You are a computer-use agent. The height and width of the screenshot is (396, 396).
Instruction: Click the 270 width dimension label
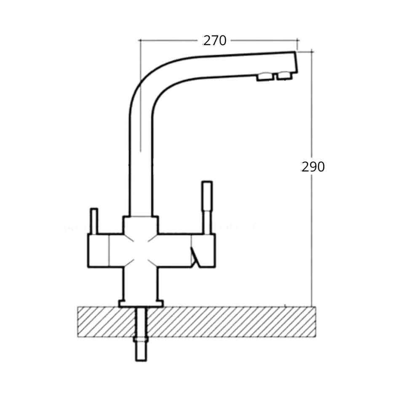click(x=215, y=40)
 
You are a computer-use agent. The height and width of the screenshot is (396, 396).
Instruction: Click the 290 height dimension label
click(x=313, y=167)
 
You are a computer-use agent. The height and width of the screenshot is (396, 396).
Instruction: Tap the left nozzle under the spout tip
click(x=264, y=77)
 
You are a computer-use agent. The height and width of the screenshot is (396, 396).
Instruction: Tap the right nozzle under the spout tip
click(x=284, y=75)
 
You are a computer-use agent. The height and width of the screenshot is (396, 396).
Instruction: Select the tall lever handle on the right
click(x=207, y=206)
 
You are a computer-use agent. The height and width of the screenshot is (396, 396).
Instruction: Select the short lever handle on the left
click(x=94, y=221)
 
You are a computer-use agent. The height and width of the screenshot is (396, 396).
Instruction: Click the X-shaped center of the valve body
click(x=141, y=250)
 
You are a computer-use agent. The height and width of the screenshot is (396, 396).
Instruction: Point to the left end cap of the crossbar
click(x=98, y=250)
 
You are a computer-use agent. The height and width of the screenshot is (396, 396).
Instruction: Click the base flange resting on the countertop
click(x=141, y=303)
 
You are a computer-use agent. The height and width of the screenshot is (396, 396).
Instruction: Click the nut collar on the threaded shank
click(x=141, y=339)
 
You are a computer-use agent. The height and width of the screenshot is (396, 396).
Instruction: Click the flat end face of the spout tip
click(x=295, y=62)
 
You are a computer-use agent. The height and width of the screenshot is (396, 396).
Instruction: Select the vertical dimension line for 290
click(x=312, y=236)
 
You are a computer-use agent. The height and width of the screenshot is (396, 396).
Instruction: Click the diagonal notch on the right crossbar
click(x=194, y=257)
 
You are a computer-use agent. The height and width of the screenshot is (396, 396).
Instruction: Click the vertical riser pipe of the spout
click(x=141, y=169)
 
